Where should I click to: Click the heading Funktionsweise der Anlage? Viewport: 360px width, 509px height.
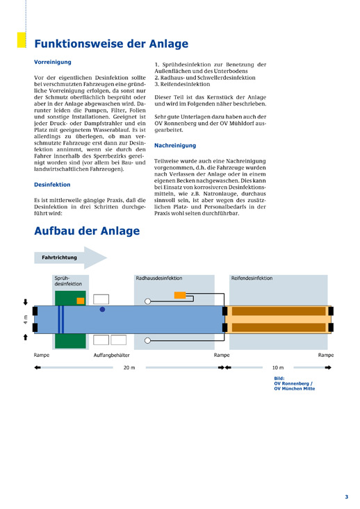[111, 44]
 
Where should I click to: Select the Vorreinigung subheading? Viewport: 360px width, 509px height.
[53, 62]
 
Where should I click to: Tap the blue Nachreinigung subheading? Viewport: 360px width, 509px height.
[175, 145]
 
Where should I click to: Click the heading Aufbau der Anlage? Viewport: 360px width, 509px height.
[87, 231]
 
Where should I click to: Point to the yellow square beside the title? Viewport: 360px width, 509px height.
[22, 40]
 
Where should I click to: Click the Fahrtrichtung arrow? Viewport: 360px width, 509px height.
[70, 258]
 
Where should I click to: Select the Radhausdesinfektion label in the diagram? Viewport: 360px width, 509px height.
[159, 278]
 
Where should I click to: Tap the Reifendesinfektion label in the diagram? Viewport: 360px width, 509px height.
[252, 278]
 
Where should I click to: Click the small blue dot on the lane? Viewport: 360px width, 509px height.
[102, 310]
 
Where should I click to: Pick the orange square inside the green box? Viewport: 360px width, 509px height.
[81, 301]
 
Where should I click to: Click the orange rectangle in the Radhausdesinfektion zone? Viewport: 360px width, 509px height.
[180, 295]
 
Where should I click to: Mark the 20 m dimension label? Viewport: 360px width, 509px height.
[129, 367]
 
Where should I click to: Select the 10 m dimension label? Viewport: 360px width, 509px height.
[278, 367]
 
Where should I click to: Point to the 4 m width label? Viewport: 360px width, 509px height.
[25, 319]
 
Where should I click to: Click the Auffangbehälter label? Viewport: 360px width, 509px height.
[112, 355]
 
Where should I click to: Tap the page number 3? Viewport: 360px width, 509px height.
[346, 497]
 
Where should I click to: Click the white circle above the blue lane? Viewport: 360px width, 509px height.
[147, 301]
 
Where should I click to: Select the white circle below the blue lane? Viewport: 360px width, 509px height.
[147, 340]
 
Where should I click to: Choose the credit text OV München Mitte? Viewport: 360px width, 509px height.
[295, 389]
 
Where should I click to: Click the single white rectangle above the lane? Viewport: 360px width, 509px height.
[101, 299]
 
